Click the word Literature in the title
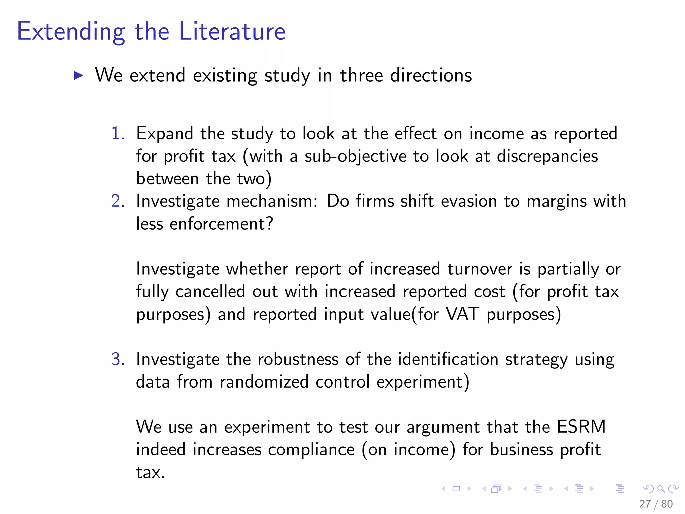[x=232, y=31]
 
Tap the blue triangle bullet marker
[x=78, y=75]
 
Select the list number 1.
[x=117, y=133]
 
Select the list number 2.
[x=118, y=201]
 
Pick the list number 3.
[x=118, y=359]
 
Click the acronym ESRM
[x=581, y=427]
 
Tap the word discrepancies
[x=547, y=156]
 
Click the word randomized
[x=264, y=382]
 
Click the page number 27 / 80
[x=656, y=504]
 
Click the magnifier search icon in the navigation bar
[x=661, y=489]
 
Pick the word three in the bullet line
[x=361, y=75]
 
